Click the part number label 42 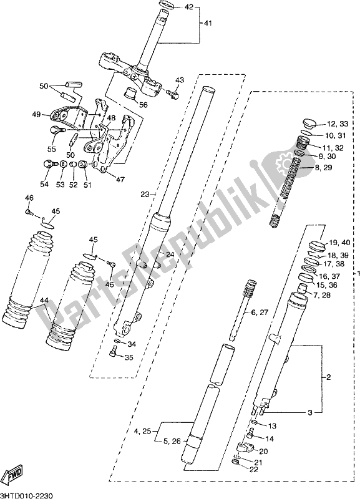[x=188, y=7]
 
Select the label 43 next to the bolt [x=180, y=80]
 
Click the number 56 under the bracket [x=144, y=105]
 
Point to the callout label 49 [x=36, y=114]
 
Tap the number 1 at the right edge [x=356, y=274]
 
